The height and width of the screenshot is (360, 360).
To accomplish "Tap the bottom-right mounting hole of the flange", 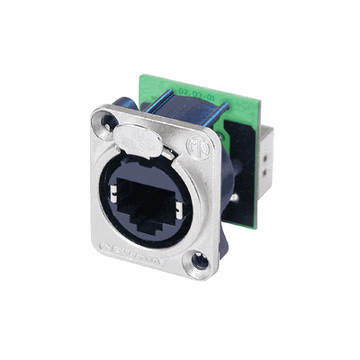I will coord(199,262).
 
